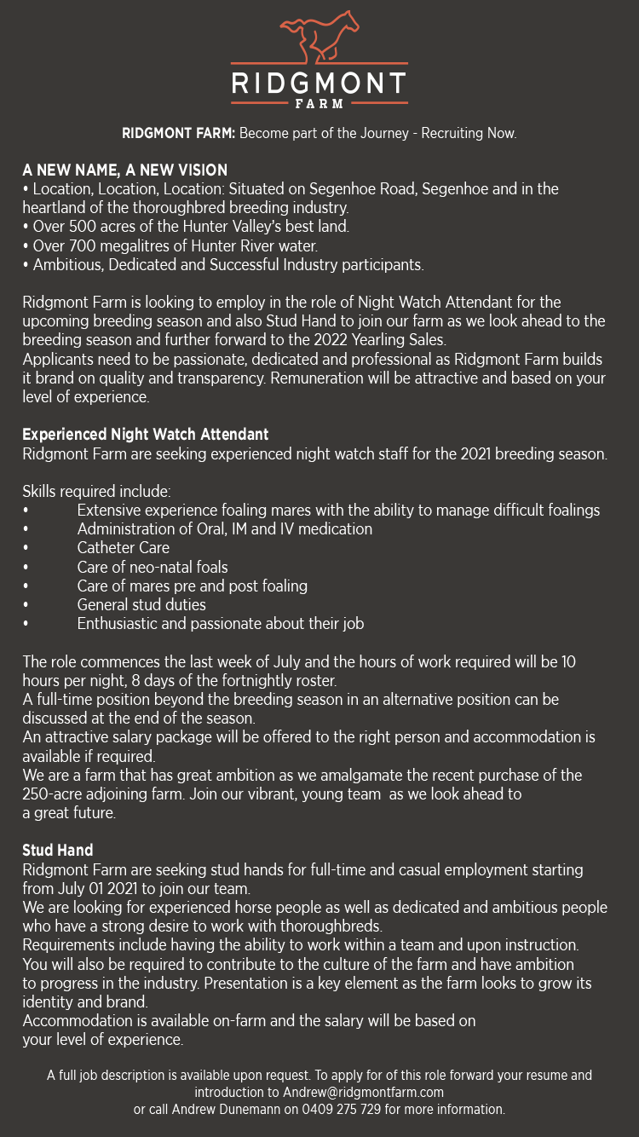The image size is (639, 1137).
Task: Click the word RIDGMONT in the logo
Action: coord(319,84)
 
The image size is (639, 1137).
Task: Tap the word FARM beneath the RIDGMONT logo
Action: coord(319,104)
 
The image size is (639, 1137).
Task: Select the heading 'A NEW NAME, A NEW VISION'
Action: coord(124,170)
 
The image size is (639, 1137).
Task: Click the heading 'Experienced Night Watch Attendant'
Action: coord(146,435)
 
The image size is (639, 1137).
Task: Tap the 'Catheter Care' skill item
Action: coord(123,548)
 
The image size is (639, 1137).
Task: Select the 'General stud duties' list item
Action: coord(141,605)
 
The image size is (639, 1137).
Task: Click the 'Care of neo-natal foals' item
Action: coord(153,567)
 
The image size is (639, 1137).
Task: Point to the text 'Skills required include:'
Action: coord(96,492)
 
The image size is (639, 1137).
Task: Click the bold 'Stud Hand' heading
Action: coord(58,851)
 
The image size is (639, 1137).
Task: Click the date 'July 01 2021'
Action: coord(99,888)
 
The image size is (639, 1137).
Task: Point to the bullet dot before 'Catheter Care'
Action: coord(26,548)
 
